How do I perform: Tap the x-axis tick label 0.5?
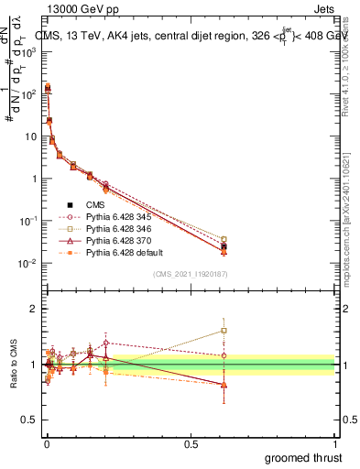[x=190, y=444]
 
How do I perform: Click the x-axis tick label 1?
[x=335, y=444]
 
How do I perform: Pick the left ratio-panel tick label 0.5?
[x=30, y=420]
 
